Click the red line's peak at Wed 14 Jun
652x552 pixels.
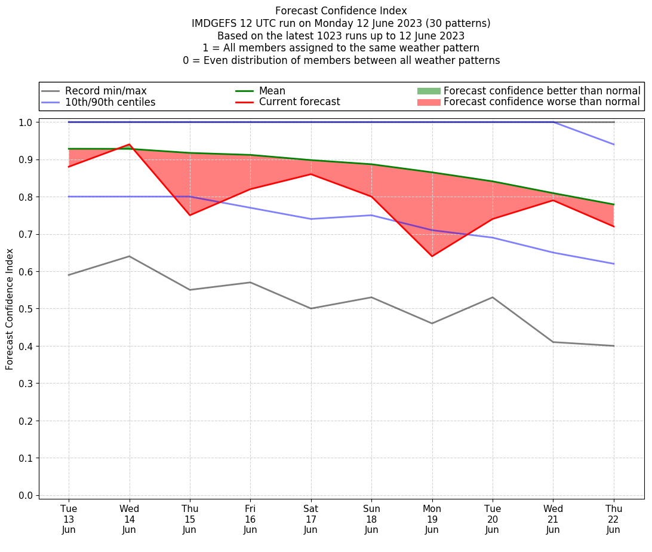click(130, 145)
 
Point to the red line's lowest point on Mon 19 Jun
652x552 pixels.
click(432, 256)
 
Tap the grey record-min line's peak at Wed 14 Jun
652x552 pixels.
click(130, 256)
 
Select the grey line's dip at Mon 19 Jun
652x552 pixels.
click(432, 323)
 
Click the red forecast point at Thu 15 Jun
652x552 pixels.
click(190, 215)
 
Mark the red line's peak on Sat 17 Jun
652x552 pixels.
click(310, 174)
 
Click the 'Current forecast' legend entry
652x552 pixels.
click(299, 102)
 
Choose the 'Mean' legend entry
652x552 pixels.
click(272, 91)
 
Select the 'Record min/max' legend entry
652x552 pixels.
click(106, 91)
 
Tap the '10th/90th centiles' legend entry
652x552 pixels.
click(110, 102)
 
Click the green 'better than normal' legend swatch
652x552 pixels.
click(428, 91)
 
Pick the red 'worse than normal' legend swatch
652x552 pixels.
click(428, 102)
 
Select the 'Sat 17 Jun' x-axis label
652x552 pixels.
click(310, 519)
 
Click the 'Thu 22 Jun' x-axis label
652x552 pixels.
click(613, 519)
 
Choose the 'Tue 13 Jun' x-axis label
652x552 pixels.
click(69, 519)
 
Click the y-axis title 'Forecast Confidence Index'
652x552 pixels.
click(10, 309)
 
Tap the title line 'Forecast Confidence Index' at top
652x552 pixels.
click(341, 11)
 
